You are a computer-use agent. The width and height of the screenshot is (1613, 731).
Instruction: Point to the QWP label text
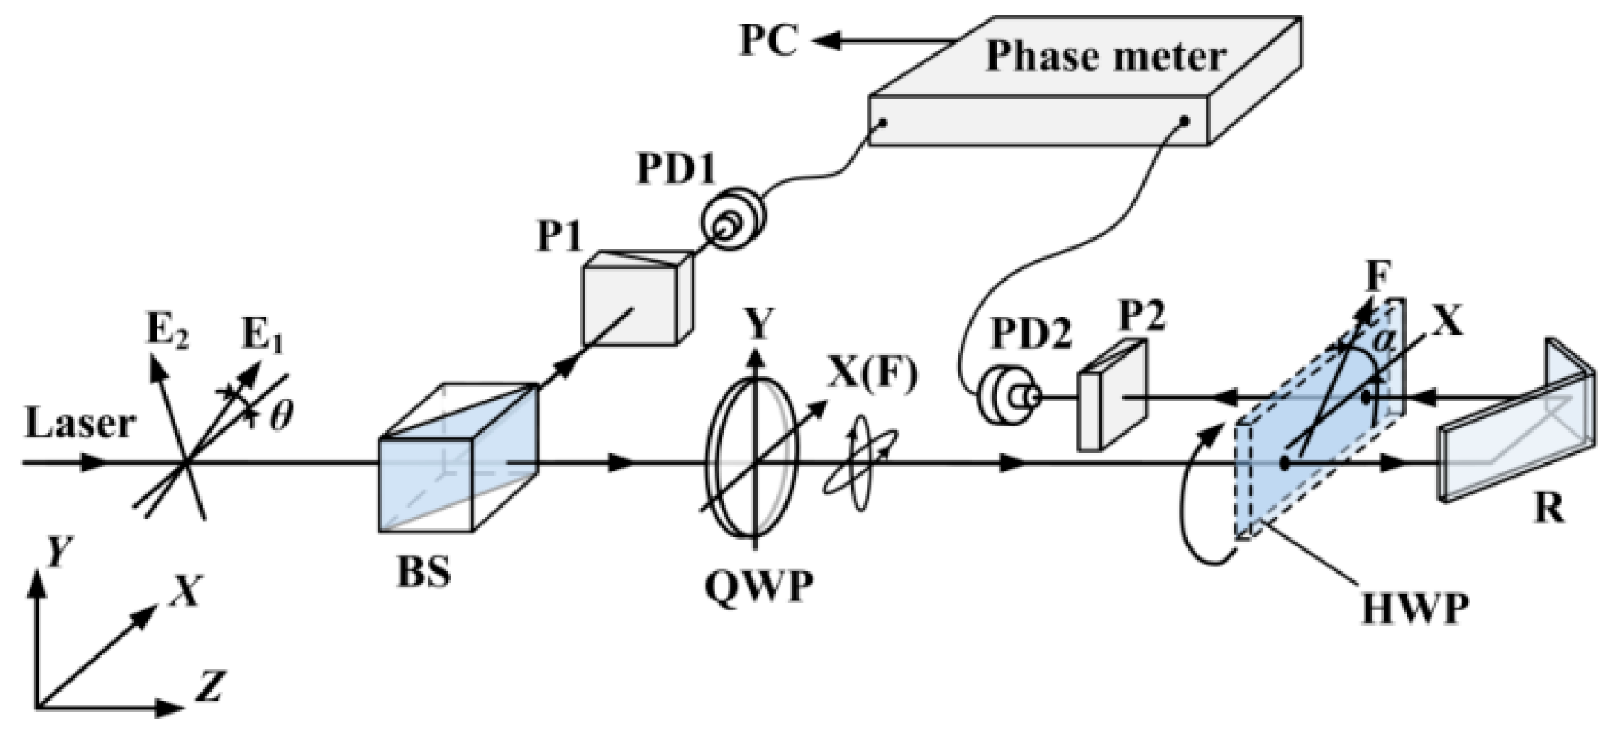coord(758,589)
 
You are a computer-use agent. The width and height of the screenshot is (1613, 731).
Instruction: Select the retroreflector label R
coord(1548,511)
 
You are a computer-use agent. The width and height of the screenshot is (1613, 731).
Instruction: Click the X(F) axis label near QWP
coord(872,373)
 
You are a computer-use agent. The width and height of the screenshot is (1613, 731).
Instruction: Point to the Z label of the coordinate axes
coord(210,686)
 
